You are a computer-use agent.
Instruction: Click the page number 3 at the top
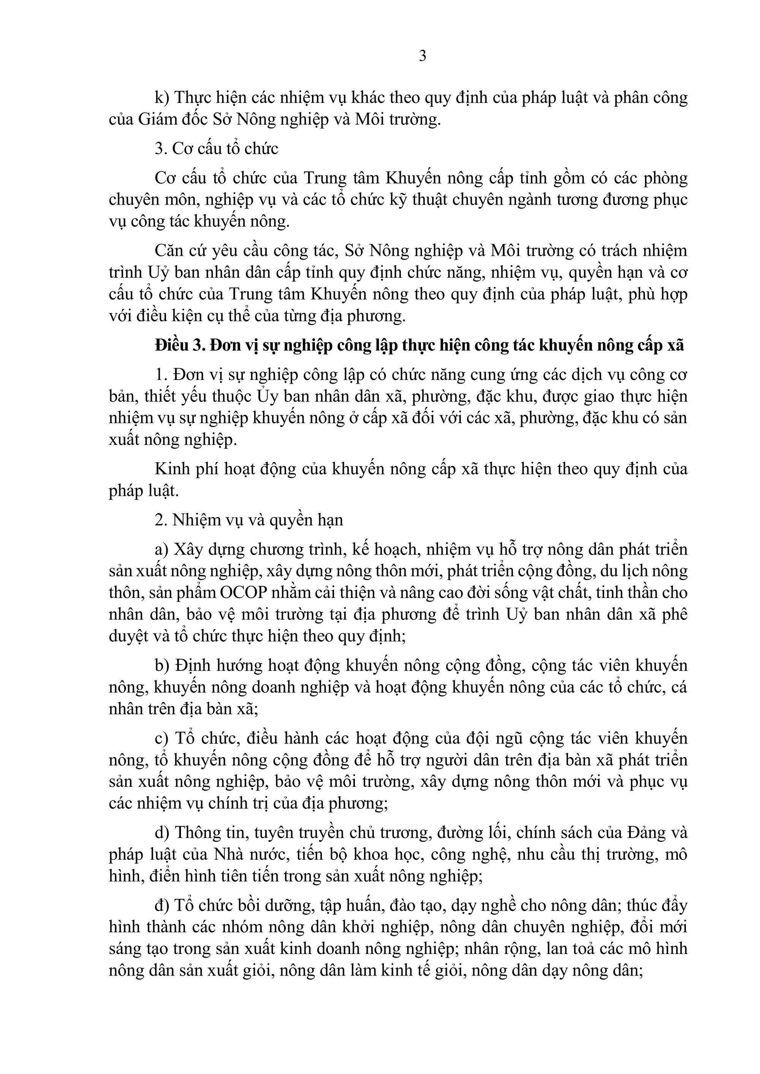[x=422, y=57]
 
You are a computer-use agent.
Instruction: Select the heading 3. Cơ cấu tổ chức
[x=216, y=149]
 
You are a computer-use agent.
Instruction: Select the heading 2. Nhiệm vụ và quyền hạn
[x=249, y=520]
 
